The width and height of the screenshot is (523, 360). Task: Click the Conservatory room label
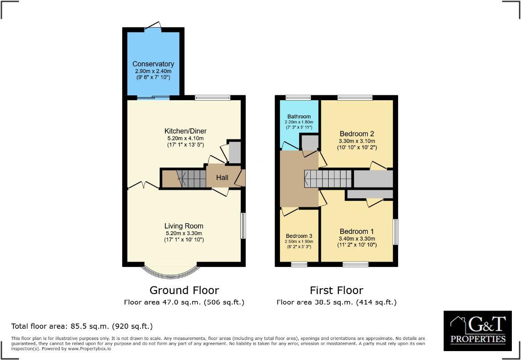click(153, 64)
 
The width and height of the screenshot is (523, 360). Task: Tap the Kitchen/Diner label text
click(185, 131)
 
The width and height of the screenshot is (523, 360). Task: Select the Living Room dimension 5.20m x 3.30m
click(183, 233)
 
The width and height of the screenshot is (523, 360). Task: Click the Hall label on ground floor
click(222, 177)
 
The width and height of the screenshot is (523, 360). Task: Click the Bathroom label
click(299, 117)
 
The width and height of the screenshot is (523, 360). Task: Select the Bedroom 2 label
click(357, 134)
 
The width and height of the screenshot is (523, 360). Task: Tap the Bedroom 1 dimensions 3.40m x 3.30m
click(357, 238)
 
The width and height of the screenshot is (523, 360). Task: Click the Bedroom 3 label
click(299, 236)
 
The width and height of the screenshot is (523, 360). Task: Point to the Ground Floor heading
click(184, 290)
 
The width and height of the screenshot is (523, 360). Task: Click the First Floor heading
click(336, 290)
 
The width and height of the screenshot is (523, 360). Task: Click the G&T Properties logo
click(478, 331)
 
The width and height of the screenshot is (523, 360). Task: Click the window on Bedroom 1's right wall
click(395, 231)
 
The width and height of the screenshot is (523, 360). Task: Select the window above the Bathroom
click(298, 98)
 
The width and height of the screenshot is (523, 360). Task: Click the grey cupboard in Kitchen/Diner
click(235, 152)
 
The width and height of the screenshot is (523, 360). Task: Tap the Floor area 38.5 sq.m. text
click(336, 302)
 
